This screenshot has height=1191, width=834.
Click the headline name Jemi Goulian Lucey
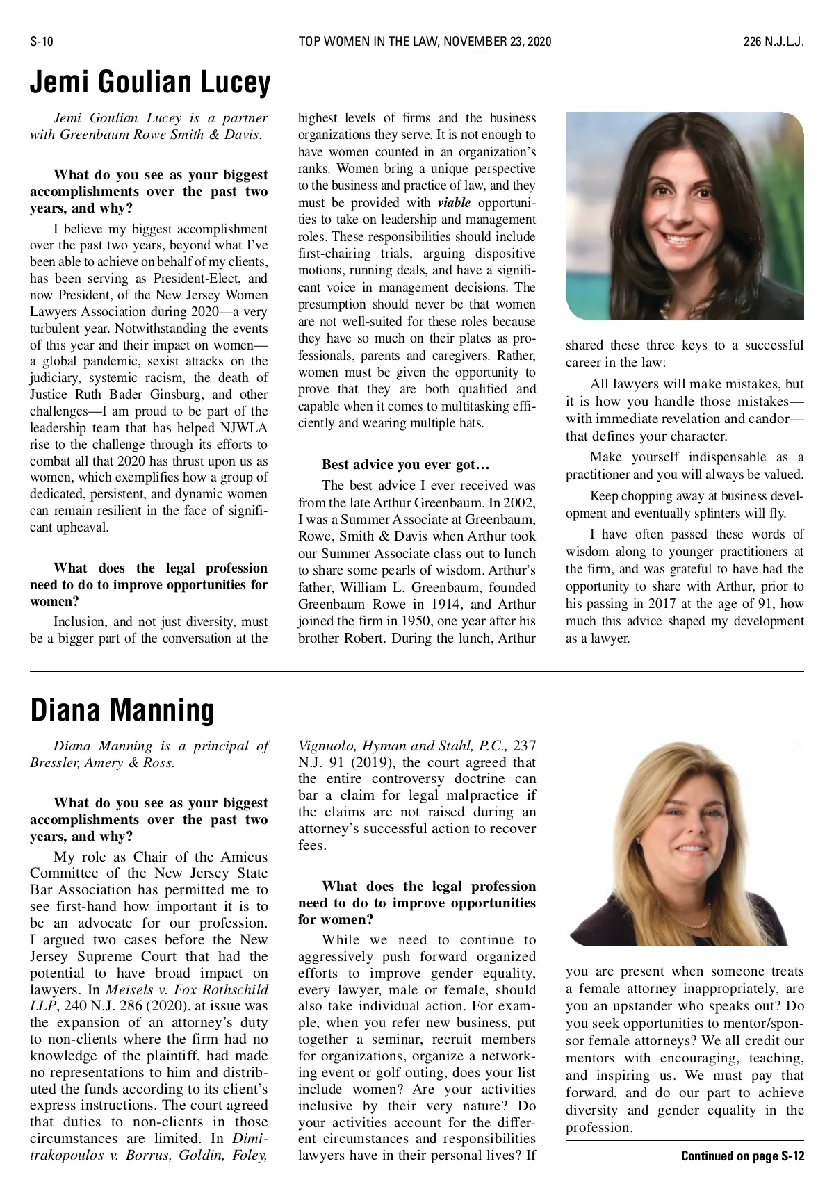click(150, 83)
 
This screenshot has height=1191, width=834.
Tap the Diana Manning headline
click(122, 710)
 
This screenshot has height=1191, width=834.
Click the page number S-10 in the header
click(42, 42)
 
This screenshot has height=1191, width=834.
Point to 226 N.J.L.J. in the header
click(773, 42)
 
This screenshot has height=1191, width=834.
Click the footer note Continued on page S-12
click(742, 1156)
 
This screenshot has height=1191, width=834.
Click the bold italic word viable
click(454, 203)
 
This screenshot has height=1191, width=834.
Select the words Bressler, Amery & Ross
click(102, 763)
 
